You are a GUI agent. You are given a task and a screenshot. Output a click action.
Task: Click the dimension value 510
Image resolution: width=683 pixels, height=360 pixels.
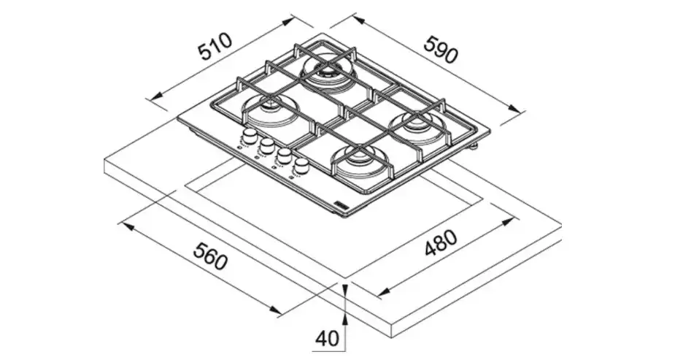point(216,49)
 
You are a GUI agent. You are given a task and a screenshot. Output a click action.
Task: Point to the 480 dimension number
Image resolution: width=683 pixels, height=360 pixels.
point(441,245)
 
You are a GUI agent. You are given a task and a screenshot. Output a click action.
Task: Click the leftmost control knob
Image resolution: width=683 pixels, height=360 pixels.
point(250,137)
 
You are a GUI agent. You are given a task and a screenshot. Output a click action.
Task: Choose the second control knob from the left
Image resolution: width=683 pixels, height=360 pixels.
point(267,146)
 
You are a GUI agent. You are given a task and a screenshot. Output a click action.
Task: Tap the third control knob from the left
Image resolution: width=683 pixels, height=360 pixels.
point(284,156)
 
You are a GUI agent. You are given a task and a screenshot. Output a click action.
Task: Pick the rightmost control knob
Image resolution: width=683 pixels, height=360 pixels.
point(301,166)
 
